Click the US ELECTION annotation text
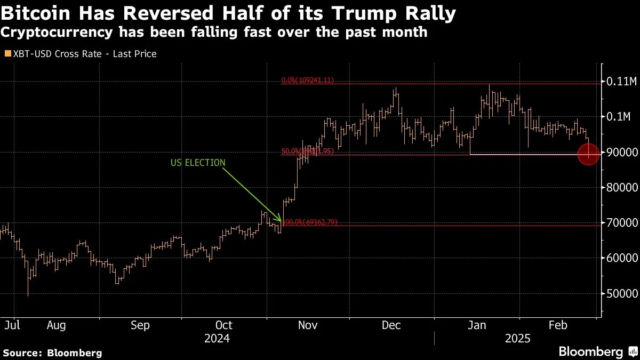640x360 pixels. (x=198, y=163)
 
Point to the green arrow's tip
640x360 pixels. (x=281, y=221)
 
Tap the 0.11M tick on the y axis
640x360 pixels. (x=621, y=82)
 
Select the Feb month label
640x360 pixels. (x=558, y=325)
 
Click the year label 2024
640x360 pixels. (x=217, y=339)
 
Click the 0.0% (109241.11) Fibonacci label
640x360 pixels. (x=308, y=81)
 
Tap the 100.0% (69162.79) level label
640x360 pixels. (x=310, y=222)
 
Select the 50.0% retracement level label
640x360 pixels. (x=308, y=151)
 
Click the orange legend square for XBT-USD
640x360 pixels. (x=7, y=54)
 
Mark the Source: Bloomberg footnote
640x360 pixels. (x=52, y=353)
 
